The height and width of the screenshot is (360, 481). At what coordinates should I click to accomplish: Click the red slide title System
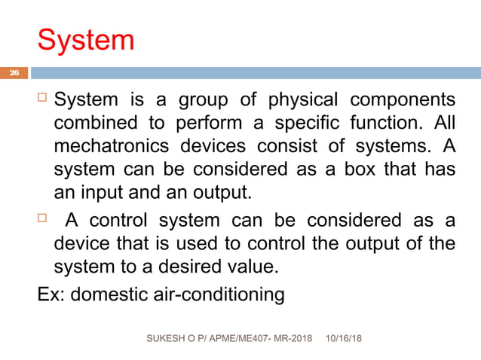(86, 40)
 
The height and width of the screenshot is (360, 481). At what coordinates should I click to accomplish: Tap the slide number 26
(14, 73)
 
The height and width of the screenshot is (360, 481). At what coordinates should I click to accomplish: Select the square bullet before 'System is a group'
(43, 99)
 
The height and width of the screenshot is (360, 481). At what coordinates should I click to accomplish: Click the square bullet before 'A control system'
(43, 220)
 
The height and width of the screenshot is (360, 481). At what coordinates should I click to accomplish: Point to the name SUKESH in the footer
(167, 340)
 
